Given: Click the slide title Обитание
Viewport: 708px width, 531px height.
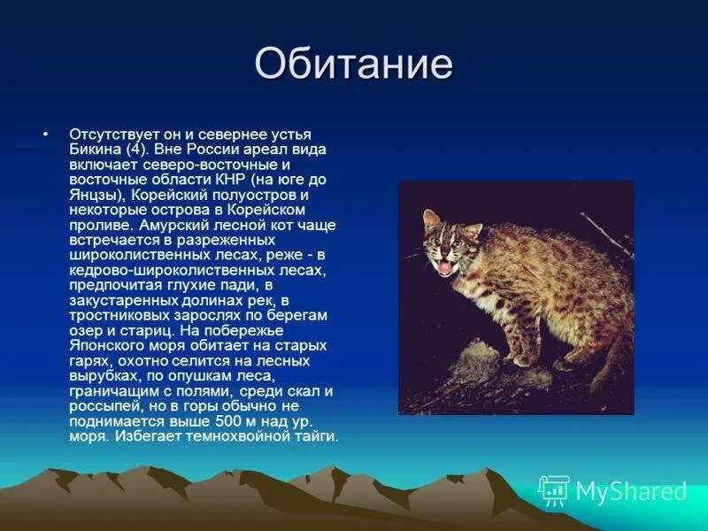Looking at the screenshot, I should pos(353,65).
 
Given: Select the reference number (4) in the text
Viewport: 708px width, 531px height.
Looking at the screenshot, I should pos(138,149).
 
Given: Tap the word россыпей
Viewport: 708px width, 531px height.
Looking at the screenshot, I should pos(104,405).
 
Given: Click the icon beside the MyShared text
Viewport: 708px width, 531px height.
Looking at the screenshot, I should pos(554,490).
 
